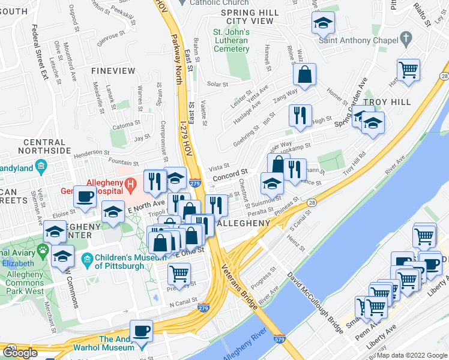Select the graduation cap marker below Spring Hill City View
pyautogui.click(x=323, y=24)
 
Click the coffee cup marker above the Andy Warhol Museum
pyautogui.click(x=142, y=331)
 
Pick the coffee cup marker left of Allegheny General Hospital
pyautogui.click(x=85, y=196)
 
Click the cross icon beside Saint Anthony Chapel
pyautogui.click(x=406, y=40)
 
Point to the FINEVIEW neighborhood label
pyautogui.click(x=109, y=71)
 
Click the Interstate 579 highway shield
pyautogui.click(x=279, y=339)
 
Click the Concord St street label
pyautogui.click(x=229, y=173)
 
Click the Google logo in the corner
pyautogui.click(x=20, y=353)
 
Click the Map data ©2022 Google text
pyautogui.click(x=412, y=356)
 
